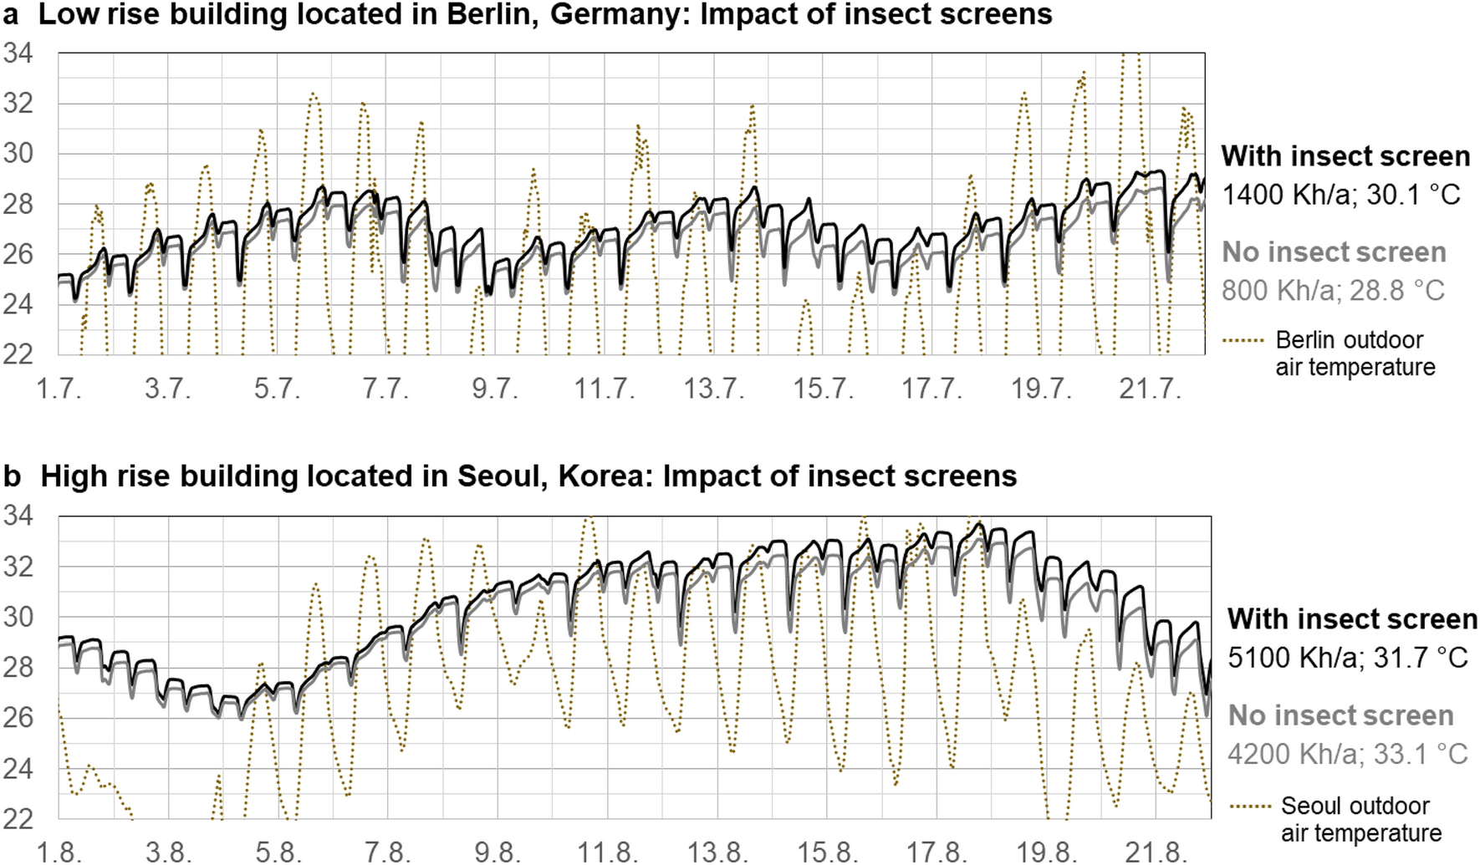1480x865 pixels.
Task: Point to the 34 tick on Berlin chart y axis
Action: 18,53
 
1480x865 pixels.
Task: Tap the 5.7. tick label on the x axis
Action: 277,389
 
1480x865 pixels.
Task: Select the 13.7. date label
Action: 713,389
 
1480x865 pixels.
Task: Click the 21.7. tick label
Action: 1150,389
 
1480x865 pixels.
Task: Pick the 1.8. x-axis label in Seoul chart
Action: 59,852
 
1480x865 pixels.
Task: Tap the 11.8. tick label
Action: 607,852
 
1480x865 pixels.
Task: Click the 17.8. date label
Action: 936,852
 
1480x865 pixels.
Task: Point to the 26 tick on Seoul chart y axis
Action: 18,717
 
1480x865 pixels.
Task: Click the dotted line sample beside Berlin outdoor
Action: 1243,341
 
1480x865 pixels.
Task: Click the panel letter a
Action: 11,15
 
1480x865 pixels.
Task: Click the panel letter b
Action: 12,476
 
